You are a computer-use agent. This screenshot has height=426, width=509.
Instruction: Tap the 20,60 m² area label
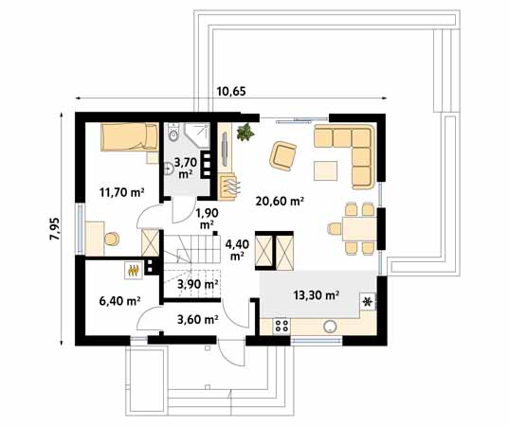point(280,201)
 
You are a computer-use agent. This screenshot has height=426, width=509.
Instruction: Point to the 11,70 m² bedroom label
point(121,192)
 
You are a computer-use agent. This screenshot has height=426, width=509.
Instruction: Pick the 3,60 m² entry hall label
point(198,319)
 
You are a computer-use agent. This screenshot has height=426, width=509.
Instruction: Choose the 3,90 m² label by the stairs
point(198,284)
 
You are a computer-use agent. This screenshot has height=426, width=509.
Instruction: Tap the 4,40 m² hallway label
point(236,248)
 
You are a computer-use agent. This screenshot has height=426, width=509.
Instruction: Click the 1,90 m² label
point(205,219)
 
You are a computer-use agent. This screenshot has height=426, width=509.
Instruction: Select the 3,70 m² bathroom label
point(186,169)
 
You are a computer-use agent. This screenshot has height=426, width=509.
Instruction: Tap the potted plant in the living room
point(246,133)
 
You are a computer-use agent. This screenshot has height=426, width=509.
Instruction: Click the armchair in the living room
point(283,154)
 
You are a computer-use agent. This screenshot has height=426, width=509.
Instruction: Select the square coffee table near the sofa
point(326,169)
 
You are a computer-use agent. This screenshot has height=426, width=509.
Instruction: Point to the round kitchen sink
point(331,327)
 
